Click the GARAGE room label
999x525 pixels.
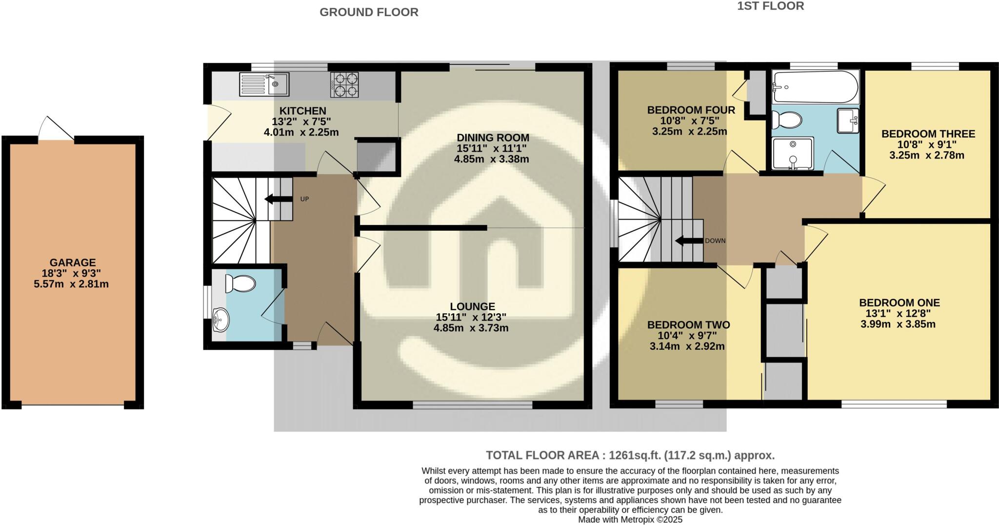point(72,262)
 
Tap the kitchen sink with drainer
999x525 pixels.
point(264,84)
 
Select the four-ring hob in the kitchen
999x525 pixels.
point(344,84)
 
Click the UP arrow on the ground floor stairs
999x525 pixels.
point(276,199)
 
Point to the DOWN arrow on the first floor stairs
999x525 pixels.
point(688,241)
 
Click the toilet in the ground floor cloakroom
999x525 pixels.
point(240,283)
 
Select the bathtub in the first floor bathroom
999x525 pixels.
point(816,87)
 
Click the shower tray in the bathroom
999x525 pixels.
point(793,153)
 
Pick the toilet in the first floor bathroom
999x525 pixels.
point(786,119)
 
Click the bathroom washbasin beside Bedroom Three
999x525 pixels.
point(848,121)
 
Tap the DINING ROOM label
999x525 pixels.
point(493,138)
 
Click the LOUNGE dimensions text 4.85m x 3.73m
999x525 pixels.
point(471,328)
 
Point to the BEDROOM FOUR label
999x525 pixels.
point(691,110)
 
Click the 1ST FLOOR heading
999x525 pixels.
point(778,6)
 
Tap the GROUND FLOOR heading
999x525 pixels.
point(369,12)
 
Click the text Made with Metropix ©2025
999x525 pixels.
point(630,520)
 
